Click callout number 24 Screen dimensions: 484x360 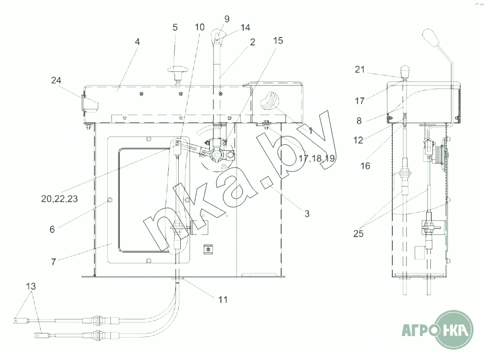[x=56, y=80]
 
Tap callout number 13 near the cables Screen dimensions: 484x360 [x=31, y=287]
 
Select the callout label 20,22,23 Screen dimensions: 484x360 [x=59, y=199]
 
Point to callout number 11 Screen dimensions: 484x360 [x=223, y=300]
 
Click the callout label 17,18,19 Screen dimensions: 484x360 [x=317, y=158]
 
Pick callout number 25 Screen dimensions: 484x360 [x=358, y=234]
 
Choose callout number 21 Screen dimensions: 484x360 [x=360, y=69]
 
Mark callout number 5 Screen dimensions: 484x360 [x=175, y=28]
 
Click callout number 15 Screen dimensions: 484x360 [x=278, y=41]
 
